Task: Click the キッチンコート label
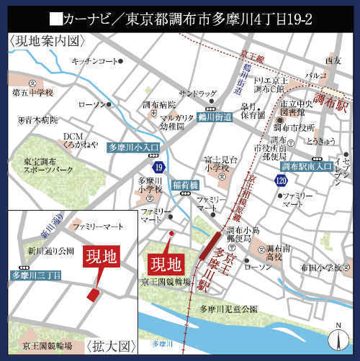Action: click(x=94, y=62)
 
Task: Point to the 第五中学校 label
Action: click(x=33, y=93)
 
